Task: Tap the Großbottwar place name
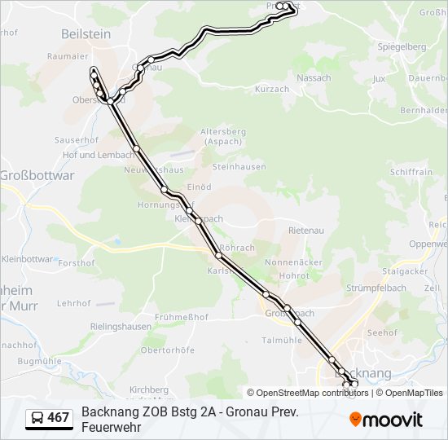[x=37, y=175]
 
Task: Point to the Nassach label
[x=314, y=78]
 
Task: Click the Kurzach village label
[x=272, y=89]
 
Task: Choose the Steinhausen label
[x=239, y=166]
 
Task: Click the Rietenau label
[x=306, y=231]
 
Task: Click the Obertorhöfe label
[x=168, y=350]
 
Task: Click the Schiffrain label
[x=411, y=172]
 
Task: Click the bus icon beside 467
[x=37, y=419]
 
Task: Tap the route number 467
[x=59, y=419]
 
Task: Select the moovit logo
[x=386, y=420]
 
